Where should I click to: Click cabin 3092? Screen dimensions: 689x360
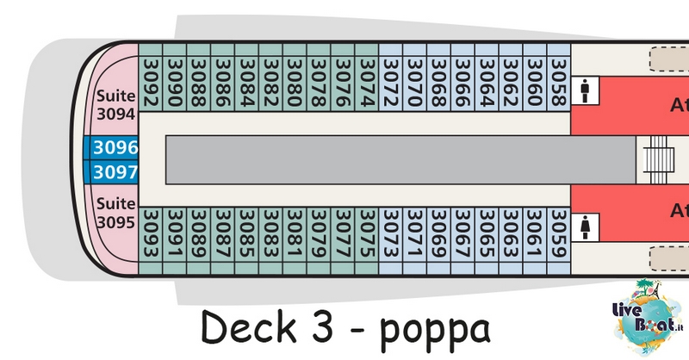pos(151,84)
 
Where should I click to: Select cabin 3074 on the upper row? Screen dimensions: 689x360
pos(367,84)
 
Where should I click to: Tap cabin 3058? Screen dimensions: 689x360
pos(559,84)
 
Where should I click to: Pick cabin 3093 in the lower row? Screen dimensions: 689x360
pos(151,235)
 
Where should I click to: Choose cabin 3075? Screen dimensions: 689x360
pos(367,235)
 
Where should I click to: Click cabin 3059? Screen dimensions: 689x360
pos(559,235)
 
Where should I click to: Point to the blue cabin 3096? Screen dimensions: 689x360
pos(115,147)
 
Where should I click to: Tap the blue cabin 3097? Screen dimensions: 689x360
pos(115,172)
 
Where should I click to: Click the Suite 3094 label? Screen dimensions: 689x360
pos(116,104)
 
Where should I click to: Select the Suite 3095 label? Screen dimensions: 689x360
pos(116,213)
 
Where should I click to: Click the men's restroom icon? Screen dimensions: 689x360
pos(585,91)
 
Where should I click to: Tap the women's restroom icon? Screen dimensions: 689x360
pos(585,227)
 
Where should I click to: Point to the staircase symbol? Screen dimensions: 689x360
pos(658,159)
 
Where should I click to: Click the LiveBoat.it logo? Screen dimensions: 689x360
pos(649,316)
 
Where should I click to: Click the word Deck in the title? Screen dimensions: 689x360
pos(248,326)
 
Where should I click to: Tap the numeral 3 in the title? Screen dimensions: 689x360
pos(322,326)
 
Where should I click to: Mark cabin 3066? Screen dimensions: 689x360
pos(462,84)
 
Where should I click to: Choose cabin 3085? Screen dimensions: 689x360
pos(246,235)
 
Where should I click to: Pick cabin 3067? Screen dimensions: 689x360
pos(462,235)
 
